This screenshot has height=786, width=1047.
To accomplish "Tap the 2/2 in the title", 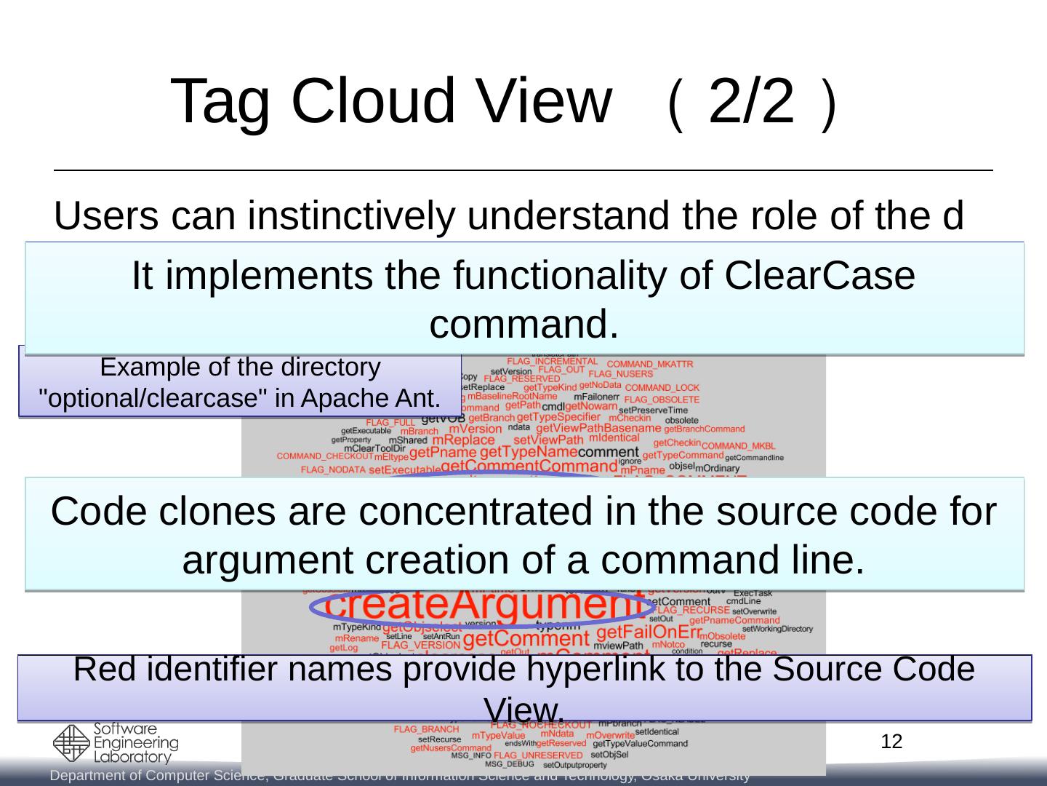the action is (751, 103).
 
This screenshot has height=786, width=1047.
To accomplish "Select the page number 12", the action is (891, 742).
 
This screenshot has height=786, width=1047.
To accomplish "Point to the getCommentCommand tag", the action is (518, 466).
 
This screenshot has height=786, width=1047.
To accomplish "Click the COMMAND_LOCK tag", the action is (662, 387).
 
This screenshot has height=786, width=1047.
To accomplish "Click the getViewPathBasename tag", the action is (598, 429).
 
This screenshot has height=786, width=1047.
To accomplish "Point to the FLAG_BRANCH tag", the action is (426, 729).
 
